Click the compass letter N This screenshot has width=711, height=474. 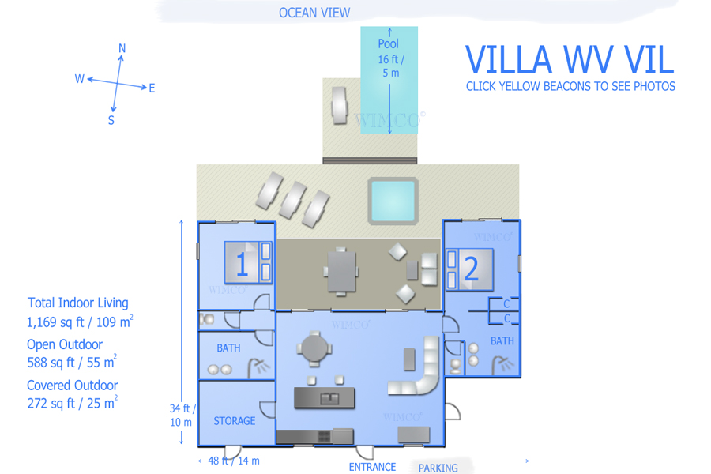[122, 48]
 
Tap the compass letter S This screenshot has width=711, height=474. [111, 120]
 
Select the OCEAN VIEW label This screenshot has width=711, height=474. [314, 13]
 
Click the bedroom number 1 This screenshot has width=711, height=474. [242, 264]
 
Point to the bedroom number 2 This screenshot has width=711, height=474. [471, 269]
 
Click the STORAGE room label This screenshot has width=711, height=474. [235, 421]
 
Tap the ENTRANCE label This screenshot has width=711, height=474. [372, 467]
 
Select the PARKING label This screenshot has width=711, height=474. [438, 468]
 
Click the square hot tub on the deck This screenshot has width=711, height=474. [393, 201]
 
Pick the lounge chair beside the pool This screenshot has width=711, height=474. [339, 105]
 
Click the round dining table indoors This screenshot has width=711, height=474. [314, 349]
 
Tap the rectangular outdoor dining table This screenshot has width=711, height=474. [341, 272]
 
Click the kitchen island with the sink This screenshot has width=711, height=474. [324, 398]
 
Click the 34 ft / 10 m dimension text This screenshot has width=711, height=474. [182, 415]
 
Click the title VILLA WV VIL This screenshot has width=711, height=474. [570, 59]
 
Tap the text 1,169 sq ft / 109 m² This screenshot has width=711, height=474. [80, 322]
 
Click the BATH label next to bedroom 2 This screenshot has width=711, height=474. [502, 340]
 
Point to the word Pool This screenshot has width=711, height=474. [388, 43]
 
